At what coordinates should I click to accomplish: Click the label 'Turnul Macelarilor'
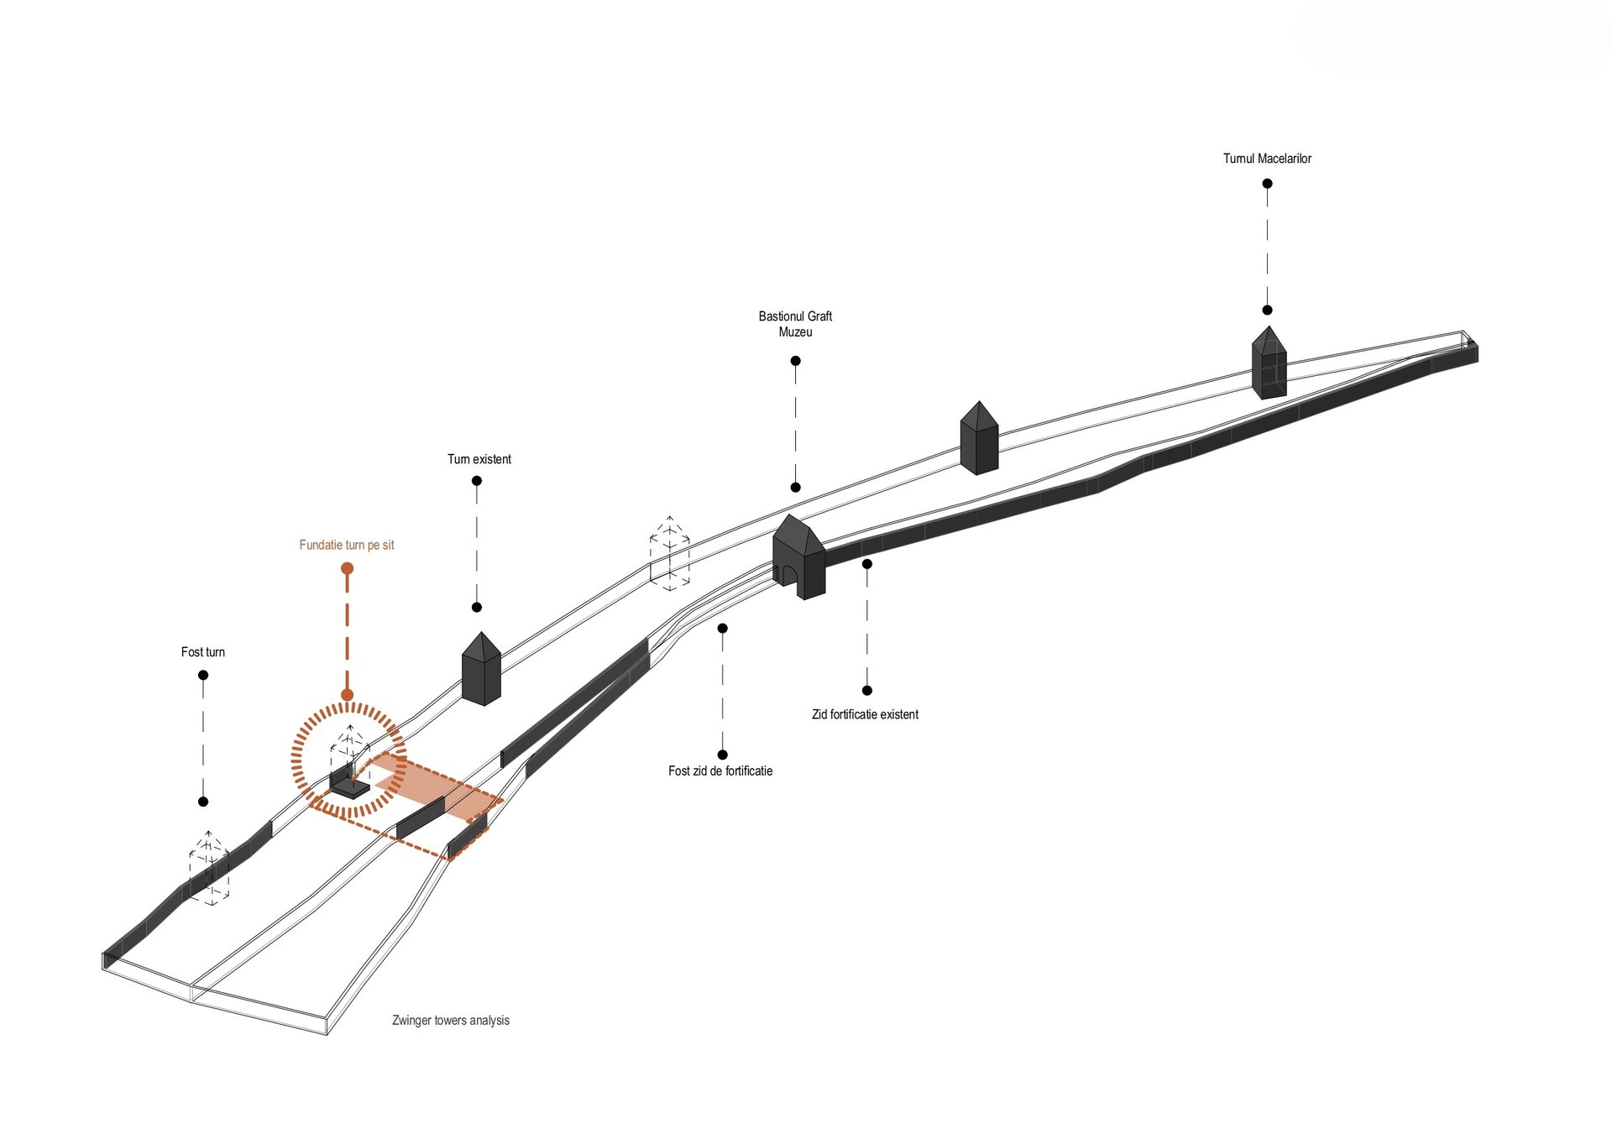(x=1266, y=159)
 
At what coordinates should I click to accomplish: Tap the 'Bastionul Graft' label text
(x=795, y=316)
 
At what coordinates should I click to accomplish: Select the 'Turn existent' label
(x=479, y=459)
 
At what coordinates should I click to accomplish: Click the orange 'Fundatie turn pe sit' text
(x=346, y=545)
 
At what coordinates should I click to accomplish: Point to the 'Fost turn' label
(x=202, y=652)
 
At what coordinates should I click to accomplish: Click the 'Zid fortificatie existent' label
(x=865, y=714)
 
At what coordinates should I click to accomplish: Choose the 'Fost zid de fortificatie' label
(x=720, y=771)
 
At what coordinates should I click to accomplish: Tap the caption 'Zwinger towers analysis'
(x=451, y=1021)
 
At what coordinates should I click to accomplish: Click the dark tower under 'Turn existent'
(x=481, y=671)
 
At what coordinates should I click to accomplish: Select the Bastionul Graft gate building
(x=798, y=558)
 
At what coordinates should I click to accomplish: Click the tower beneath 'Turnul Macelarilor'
(x=1269, y=364)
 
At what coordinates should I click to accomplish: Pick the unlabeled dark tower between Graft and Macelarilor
(x=979, y=439)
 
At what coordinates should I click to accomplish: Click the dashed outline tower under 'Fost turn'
(x=209, y=869)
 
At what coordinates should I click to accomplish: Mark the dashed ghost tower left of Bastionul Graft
(x=669, y=554)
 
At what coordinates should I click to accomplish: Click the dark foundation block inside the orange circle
(x=348, y=785)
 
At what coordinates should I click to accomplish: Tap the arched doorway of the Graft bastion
(x=788, y=575)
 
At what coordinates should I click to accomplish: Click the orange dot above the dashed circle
(x=347, y=568)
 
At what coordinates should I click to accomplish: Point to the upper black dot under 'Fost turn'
(x=202, y=675)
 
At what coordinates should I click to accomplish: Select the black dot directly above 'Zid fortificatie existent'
(x=867, y=690)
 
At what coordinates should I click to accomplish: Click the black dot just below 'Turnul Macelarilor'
(x=1267, y=183)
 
